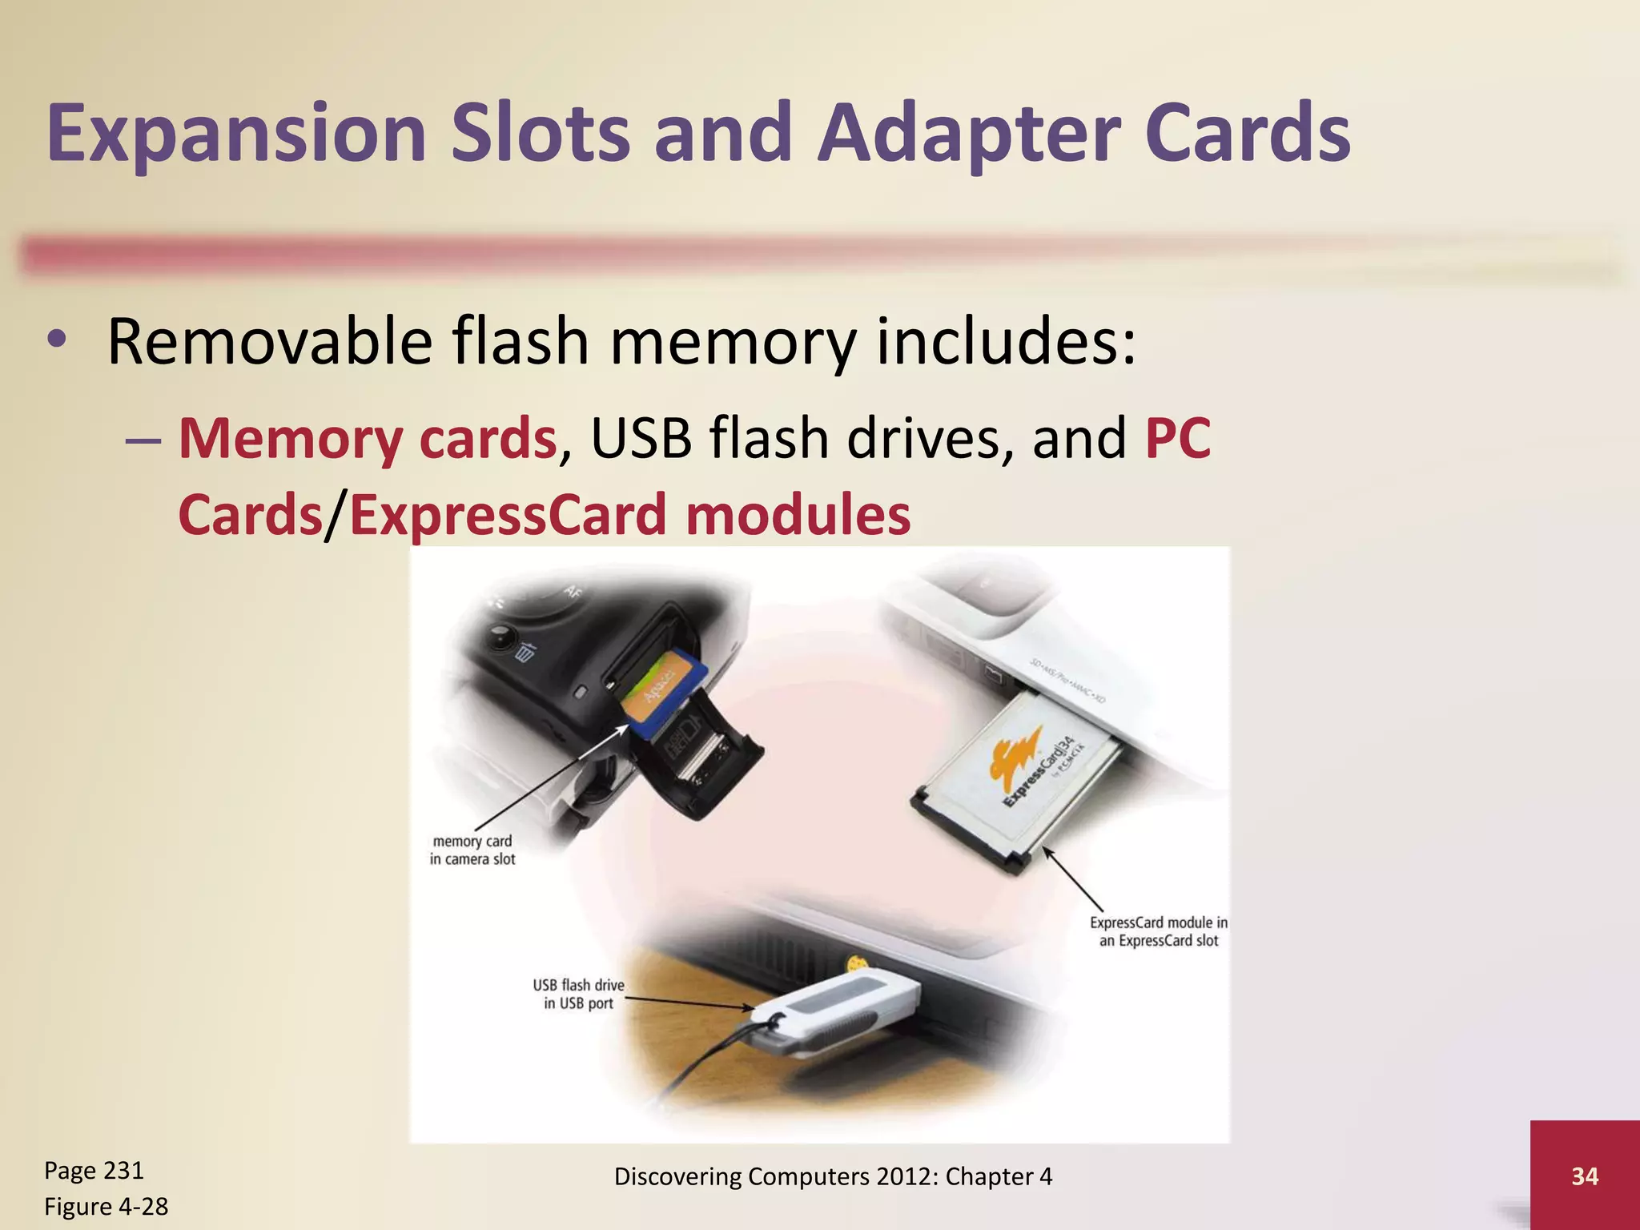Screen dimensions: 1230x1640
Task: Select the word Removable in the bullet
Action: (270, 341)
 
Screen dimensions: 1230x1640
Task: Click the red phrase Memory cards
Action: (367, 438)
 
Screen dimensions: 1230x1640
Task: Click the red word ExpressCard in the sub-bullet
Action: (508, 514)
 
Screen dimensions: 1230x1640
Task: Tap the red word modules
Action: (798, 514)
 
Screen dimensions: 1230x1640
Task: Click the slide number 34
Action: (1584, 1176)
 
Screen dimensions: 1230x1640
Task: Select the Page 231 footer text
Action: (94, 1170)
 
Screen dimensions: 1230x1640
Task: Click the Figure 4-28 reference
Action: (106, 1206)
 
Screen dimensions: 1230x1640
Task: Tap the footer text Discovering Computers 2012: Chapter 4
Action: (833, 1176)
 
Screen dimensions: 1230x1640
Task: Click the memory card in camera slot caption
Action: (472, 850)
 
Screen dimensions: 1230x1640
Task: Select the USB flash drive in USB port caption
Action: (578, 994)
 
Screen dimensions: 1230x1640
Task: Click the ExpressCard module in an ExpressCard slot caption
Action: (1158, 931)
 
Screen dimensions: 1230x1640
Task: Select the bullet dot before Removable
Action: (56, 340)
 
